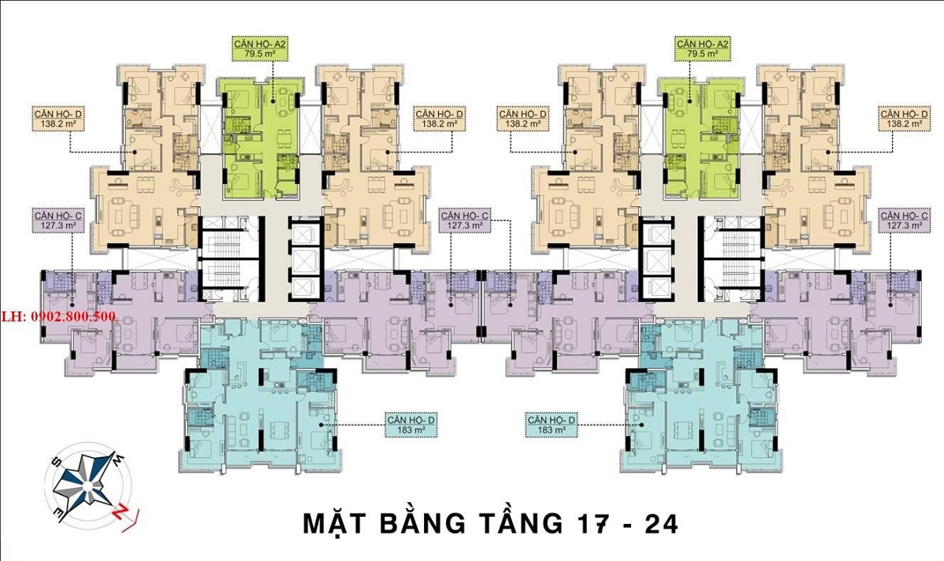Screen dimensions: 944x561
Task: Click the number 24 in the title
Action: tap(662, 524)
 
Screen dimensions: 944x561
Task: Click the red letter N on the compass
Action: tap(120, 511)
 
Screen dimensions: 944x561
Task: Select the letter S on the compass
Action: tap(55, 463)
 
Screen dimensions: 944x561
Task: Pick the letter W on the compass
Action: tap(120, 459)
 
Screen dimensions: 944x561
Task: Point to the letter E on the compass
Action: tap(61, 515)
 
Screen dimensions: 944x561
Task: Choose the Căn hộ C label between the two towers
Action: tap(465, 220)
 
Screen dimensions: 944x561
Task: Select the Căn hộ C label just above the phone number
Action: tap(58, 220)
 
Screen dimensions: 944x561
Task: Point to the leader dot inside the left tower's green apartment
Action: tap(273, 101)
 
